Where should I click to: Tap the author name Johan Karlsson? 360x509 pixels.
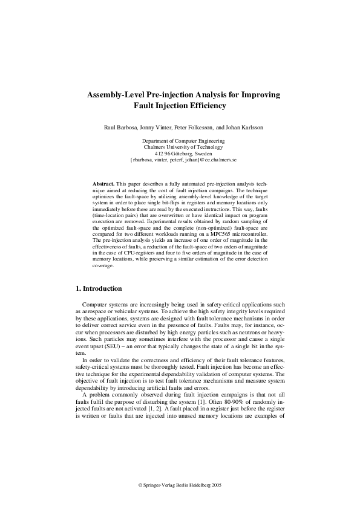pyautogui.click(x=240, y=128)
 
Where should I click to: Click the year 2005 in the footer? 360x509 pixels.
pyautogui.click(x=217, y=485)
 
